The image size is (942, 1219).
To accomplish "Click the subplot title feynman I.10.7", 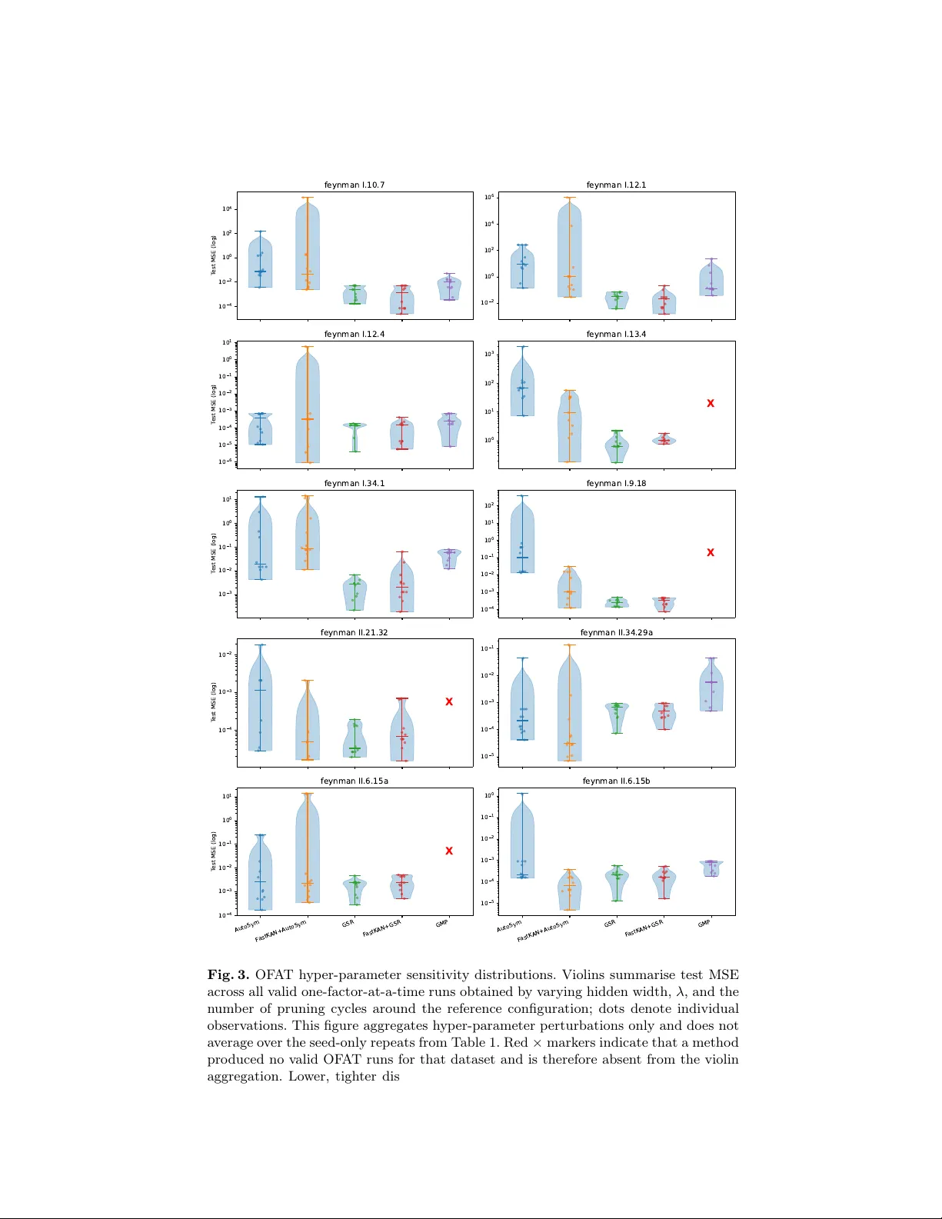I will tap(354, 185).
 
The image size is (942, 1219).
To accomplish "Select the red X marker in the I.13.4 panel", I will tap(711, 403).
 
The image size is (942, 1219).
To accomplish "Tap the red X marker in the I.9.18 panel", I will tap(711, 552).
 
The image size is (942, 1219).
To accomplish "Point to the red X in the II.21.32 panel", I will tap(449, 701).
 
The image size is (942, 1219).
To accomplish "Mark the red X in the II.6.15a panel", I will tap(449, 851).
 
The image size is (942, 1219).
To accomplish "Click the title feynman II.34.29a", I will tap(616, 633).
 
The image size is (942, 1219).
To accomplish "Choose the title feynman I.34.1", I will tap(354, 484).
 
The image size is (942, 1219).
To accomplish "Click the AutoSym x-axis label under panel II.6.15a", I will tap(248, 925).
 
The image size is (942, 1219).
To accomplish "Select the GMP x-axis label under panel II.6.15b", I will tap(704, 923).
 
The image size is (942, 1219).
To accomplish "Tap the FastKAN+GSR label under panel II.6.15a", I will tap(382, 928).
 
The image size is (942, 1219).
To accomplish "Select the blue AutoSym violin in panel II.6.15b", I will tap(522, 842).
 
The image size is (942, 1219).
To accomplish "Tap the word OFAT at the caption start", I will tap(275, 975).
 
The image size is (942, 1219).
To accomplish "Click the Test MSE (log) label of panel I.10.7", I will tap(214, 255).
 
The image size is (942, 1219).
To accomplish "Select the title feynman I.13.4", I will tap(616, 335).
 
